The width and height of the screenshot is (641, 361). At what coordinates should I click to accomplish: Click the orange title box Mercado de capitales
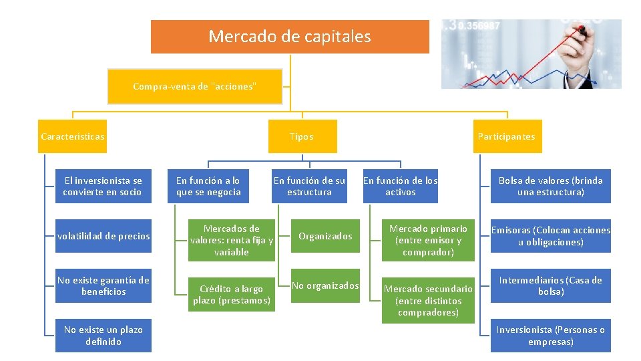click(x=290, y=36)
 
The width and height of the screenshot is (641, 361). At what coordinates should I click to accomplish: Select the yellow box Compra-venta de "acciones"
click(x=194, y=86)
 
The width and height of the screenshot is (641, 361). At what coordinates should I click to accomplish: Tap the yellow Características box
click(x=72, y=136)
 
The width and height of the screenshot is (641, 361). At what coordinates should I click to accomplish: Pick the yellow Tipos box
click(x=301, y=136)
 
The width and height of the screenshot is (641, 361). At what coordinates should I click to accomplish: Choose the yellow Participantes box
click(x=506, y=136)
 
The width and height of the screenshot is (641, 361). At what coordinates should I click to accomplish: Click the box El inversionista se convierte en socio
click(x=103, y=186)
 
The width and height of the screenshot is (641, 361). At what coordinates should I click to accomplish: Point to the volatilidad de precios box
click(x=103, y=236)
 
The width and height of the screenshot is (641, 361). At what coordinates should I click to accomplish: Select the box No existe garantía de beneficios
click(x=103, y=285)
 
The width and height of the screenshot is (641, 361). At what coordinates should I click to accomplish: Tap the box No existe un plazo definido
click(x=103, y=335)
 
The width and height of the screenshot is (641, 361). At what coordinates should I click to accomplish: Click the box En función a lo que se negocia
click(x=208, y=186)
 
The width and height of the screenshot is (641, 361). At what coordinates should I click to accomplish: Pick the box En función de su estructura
click(x=309, y=186)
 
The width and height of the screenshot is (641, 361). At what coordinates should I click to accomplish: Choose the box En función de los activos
click(x=400, y=186)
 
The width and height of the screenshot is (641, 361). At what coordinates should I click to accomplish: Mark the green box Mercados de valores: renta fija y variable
click(x=231, y=241)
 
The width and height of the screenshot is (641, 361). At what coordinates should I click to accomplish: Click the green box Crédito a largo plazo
click(x=231, y=294)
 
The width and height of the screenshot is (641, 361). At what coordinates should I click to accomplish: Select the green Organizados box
click(x=325, y=236)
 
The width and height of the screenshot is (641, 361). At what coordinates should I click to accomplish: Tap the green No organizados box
click(x=325, y=285)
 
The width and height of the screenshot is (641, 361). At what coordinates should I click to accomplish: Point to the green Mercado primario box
click(x=428, y=241)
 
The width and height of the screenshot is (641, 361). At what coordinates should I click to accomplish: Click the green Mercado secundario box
click(x=428, y=300)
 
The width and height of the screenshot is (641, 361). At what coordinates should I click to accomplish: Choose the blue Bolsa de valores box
click(x=550, y=186)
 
